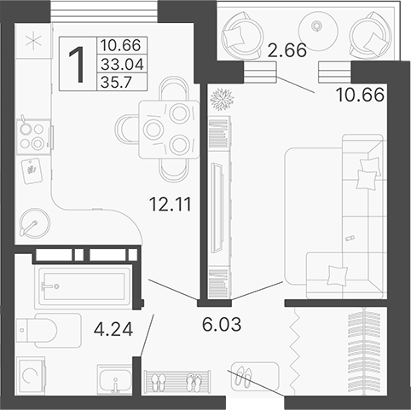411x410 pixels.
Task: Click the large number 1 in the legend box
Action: [77, 64]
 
